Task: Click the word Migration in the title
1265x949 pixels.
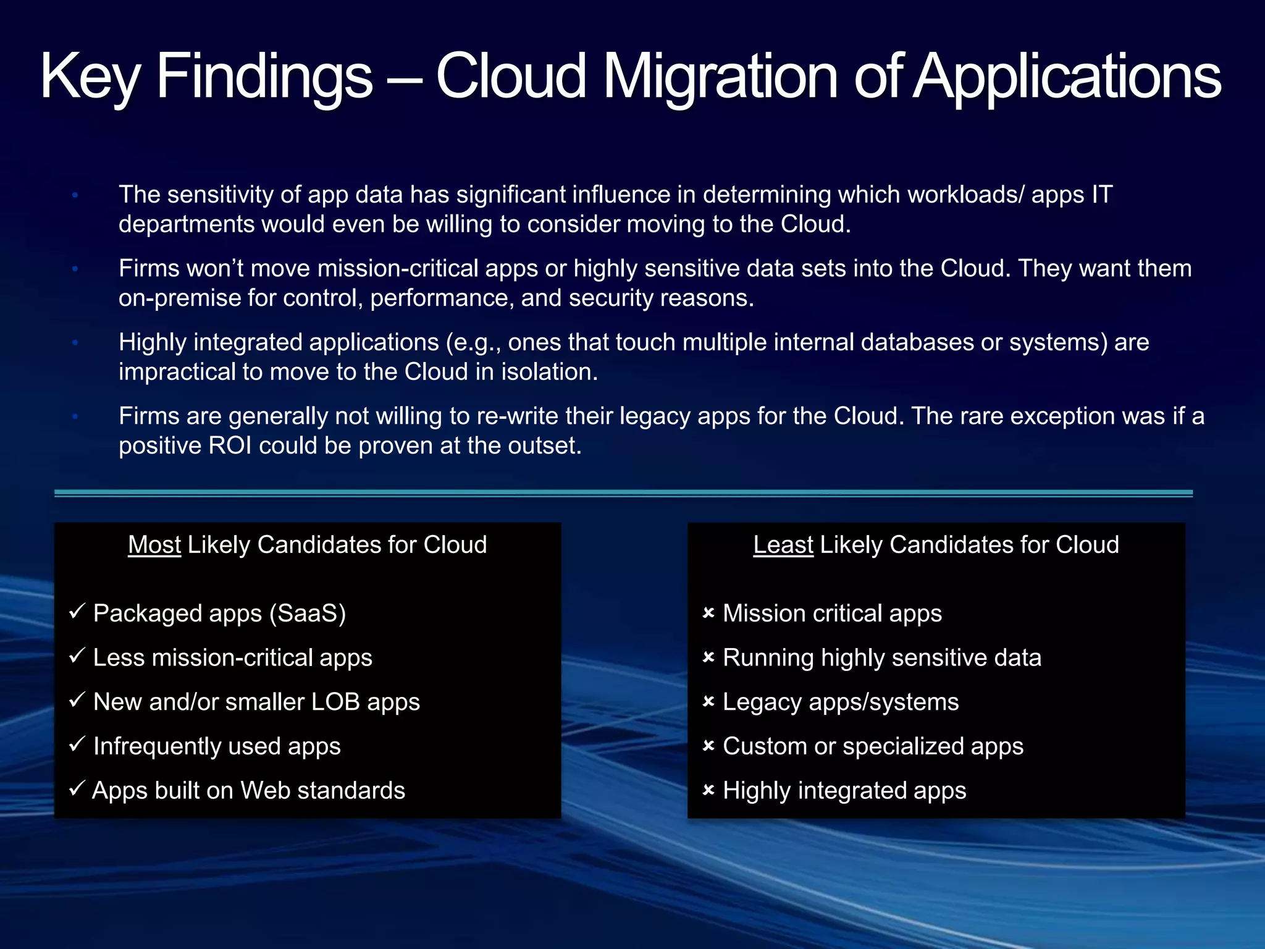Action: coord(720,77)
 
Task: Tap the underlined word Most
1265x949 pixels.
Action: coord(154,545)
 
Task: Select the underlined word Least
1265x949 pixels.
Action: coord(783,545)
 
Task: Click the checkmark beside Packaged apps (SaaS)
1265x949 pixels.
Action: coord(77,612)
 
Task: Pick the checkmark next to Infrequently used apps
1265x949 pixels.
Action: coord(77,744)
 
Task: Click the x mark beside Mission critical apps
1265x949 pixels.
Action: coord(708,613)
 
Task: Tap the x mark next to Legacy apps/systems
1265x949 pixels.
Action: coord(708,702)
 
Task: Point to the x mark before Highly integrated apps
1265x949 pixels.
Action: coord(708,790)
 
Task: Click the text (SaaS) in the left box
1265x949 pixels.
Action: coord(307,614)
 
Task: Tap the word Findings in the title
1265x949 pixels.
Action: coord(264,77)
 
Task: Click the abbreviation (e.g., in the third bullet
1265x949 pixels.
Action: coord(473,343)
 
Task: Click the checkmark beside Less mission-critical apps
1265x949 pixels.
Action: coord(77,656)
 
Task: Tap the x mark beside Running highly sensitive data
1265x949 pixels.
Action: coord(708,657)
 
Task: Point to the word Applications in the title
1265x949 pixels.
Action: coord(1067,77)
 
